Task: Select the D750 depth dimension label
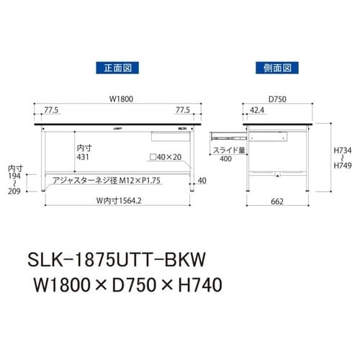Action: tap(276, 99)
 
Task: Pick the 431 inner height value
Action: tap(84, 156)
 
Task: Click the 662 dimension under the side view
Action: tap(278, 202)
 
